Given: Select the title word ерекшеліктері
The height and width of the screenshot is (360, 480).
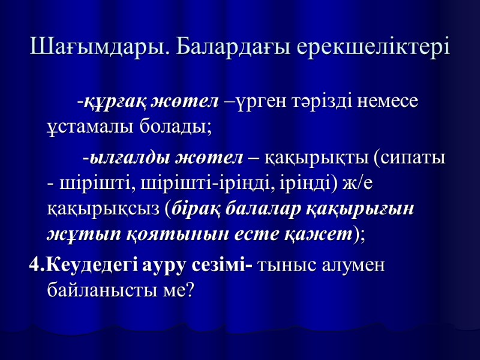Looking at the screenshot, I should [372, 47].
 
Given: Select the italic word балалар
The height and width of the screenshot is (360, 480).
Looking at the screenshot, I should [263, 208].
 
